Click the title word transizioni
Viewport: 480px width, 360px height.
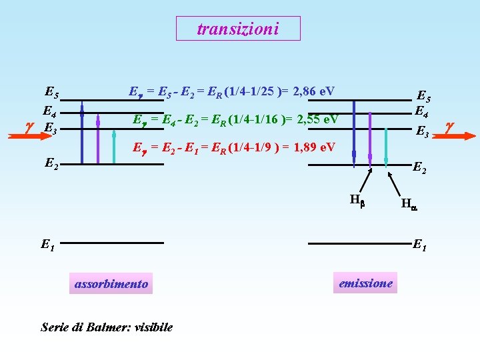point(238,29)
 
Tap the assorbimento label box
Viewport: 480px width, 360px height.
point(111,284)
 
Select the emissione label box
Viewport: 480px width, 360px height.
point(365,283)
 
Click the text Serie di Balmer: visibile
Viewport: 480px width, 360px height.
point(107,327)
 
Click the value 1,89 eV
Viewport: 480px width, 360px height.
point(313,147)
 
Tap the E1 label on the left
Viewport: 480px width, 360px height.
point(47,245)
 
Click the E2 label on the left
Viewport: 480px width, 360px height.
point(52,162)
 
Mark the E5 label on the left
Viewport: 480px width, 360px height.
point(51,92)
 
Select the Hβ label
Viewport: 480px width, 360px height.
point(356,198)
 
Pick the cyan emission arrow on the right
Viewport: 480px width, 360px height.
point(386,146)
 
